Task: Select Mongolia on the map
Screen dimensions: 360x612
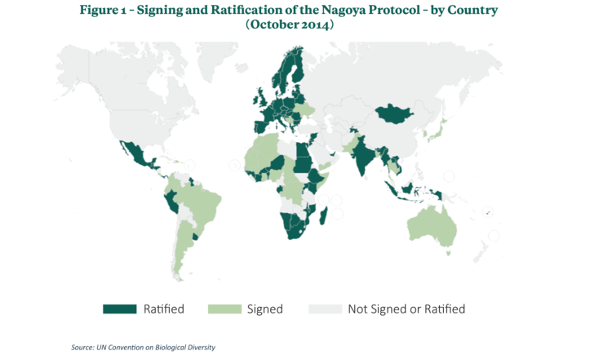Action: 395,115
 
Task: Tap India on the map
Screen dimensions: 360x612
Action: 359,155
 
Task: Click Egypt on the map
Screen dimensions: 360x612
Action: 300,147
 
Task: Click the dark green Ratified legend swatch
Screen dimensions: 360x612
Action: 118,309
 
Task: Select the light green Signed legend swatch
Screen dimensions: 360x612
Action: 224,309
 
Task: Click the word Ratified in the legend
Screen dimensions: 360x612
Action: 163,309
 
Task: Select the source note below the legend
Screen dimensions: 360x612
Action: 143,347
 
